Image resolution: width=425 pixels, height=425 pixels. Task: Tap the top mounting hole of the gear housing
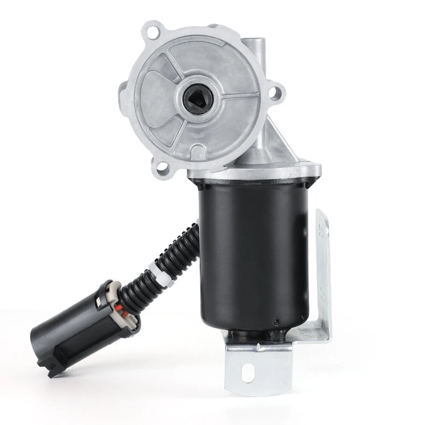click(153, 32)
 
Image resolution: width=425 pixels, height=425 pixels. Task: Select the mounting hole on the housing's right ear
click(277, 92)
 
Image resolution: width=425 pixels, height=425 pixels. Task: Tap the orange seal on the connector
click(124, 309)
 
